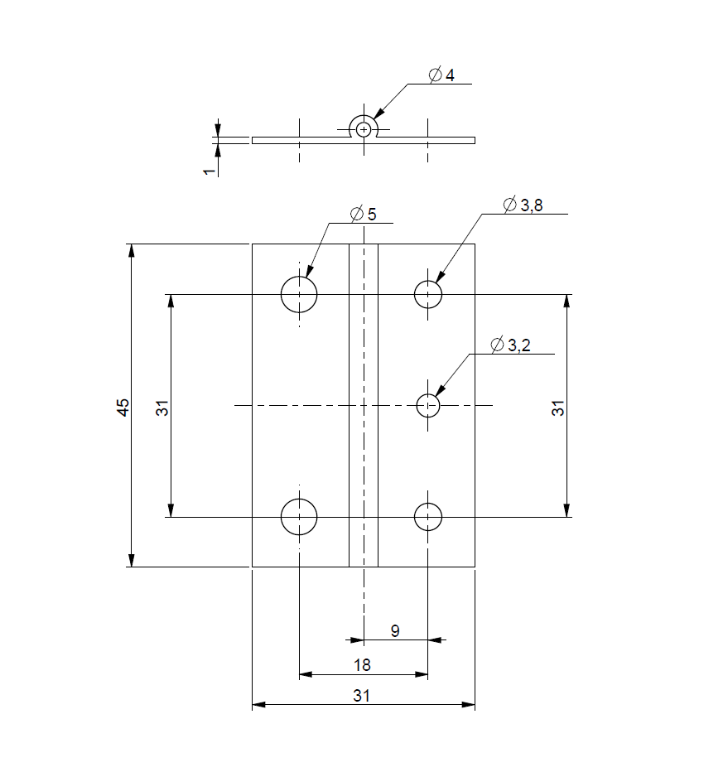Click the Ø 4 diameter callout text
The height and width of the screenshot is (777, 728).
click(441, 75)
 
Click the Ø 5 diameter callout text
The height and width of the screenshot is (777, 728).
click(364, 214)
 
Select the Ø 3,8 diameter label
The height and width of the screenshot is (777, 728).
click(523, 205)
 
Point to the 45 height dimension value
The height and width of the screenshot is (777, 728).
click(123, 407)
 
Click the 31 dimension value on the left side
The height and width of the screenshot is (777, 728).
click(162, 407)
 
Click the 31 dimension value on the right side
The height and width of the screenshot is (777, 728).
click(558, 407)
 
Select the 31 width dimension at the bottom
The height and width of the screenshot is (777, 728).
click(362, 696)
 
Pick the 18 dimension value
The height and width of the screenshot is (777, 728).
click(362, 664)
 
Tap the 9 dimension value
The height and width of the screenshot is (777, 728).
click(395, 630)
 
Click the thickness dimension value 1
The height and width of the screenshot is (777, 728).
click(210, 171)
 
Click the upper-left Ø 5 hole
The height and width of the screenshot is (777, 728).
click(299, 293)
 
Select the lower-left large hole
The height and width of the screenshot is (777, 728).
click(299, 517)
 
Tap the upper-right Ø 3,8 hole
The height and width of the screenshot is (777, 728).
click(427, 293)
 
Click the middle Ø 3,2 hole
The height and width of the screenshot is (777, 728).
click(427, 406)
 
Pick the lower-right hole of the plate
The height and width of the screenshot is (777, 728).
click(427, 517)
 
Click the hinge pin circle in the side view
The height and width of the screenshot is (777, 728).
click(364, 129)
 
